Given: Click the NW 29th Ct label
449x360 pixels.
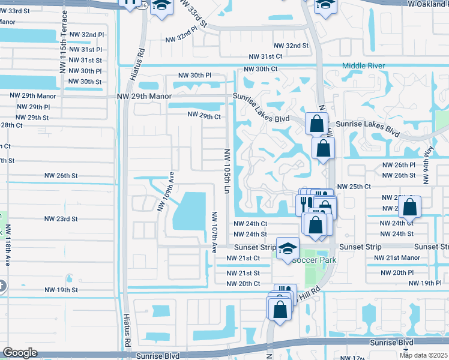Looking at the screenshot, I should [x=205, y=114].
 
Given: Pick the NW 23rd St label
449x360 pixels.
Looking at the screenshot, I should [x=62, y=219].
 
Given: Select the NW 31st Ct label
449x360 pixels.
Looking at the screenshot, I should [x=266, y=56].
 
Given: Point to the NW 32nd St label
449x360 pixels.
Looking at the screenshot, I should [x=291, y=46].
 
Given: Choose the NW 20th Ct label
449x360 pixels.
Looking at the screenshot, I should [x=243, y=283].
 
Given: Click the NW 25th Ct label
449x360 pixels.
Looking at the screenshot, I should [x=354, y=187].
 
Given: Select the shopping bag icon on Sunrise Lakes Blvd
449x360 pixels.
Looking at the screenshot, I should [x=316, y=124].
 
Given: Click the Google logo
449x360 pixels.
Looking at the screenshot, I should [x=20, y=352].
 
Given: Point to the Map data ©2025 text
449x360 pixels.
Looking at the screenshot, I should [x=423, y=355].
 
